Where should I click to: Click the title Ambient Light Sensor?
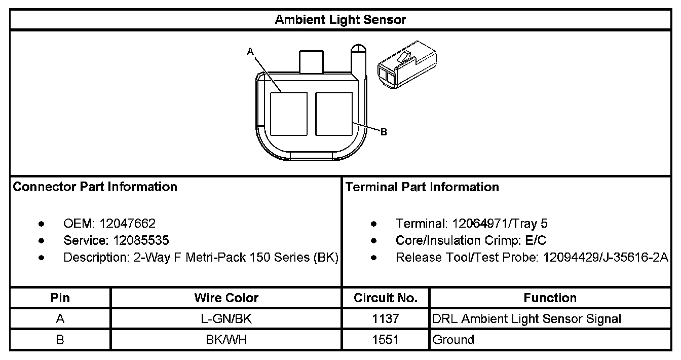(x=340, y=20)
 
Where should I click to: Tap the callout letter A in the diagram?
(x=250, y=52)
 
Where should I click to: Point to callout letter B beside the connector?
(x=384, y=132)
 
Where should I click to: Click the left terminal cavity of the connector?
(x=288, y=114)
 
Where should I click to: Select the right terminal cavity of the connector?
(x=334, y=114)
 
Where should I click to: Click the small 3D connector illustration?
(x=407, y=65)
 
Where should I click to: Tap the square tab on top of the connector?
(x=311, y=62)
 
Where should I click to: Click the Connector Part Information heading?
(x=95, y=187)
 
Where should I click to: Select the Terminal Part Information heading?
(x=422, y=187)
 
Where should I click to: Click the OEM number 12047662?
(x=127, y=224)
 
